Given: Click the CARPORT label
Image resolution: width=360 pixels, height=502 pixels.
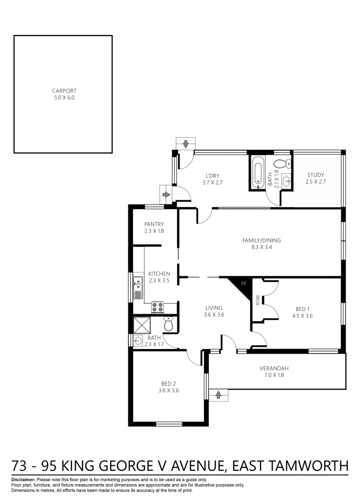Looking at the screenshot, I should coord(64,91).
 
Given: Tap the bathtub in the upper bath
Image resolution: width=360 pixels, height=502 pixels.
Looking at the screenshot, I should coord(258,172).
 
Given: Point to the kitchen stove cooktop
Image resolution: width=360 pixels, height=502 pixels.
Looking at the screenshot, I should coord(157,307).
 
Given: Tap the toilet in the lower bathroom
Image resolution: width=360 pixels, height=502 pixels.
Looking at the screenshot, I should coord(168,324).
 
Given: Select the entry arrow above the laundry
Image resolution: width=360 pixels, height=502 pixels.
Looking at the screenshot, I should coord(186,144).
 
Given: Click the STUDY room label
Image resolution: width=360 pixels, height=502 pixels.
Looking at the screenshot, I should coord(315,175).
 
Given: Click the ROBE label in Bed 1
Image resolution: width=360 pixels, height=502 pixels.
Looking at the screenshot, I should coord(257,299).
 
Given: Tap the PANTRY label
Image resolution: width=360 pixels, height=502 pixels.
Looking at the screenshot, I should coord(154,224).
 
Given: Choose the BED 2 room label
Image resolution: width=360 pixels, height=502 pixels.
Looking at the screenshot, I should coord(169,383).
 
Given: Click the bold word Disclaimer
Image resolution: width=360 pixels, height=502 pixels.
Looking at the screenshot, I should coord(23,479).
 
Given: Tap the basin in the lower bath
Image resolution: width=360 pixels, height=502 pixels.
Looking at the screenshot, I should coord(138,340).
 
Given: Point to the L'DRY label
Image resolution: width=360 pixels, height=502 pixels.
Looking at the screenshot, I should coord(213,176).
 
